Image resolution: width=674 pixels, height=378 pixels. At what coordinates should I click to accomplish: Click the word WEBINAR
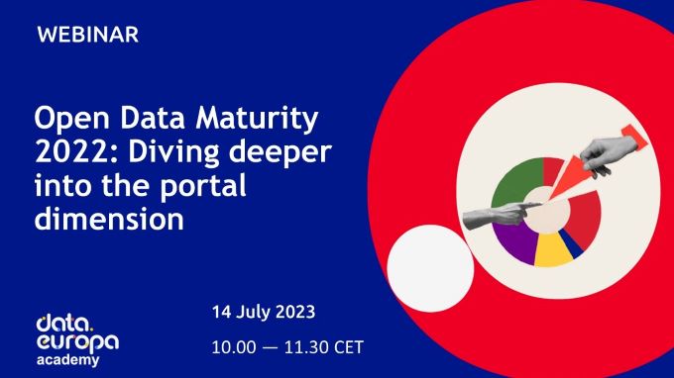click(87, 35)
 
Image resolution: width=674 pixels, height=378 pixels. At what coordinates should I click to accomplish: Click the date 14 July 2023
click(263, 312)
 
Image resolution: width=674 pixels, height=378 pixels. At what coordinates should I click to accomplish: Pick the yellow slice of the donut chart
click(551, 251)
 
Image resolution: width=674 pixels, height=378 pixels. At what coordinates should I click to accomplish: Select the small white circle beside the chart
click(429, 268)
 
